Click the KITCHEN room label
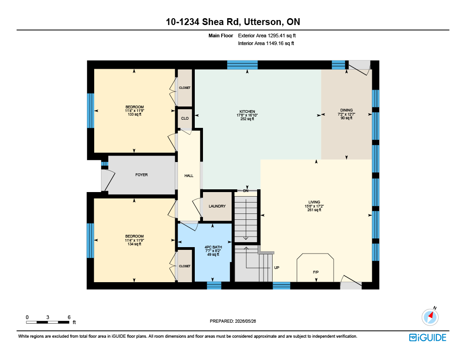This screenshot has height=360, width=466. pos(247,112)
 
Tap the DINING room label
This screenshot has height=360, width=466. pos(346,110)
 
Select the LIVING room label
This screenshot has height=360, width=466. pos(314,202)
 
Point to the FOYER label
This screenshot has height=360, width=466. pos(142,175)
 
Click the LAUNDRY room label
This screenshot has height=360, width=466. pos(217,206)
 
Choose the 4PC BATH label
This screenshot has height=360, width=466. pos(213,247)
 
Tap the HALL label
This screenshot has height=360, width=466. pos(189,176)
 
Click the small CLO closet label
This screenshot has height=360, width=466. pos(185,118)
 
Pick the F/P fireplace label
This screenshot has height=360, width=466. pos(316,272)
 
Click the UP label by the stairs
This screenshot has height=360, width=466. pos(277,268)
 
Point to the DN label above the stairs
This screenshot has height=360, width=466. pos(246,191)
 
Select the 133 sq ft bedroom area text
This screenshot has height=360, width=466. pos(134,114)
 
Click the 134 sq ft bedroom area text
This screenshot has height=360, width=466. pos(134,244)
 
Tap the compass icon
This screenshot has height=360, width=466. pos(430,317)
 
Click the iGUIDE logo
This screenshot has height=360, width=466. pos(428,338)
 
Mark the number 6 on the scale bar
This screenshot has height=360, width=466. pos(69,317)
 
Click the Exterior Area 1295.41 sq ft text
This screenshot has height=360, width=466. pos(267,35)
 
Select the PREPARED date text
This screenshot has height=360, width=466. pos(233,321)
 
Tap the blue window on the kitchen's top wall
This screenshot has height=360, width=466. pos(242,65)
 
